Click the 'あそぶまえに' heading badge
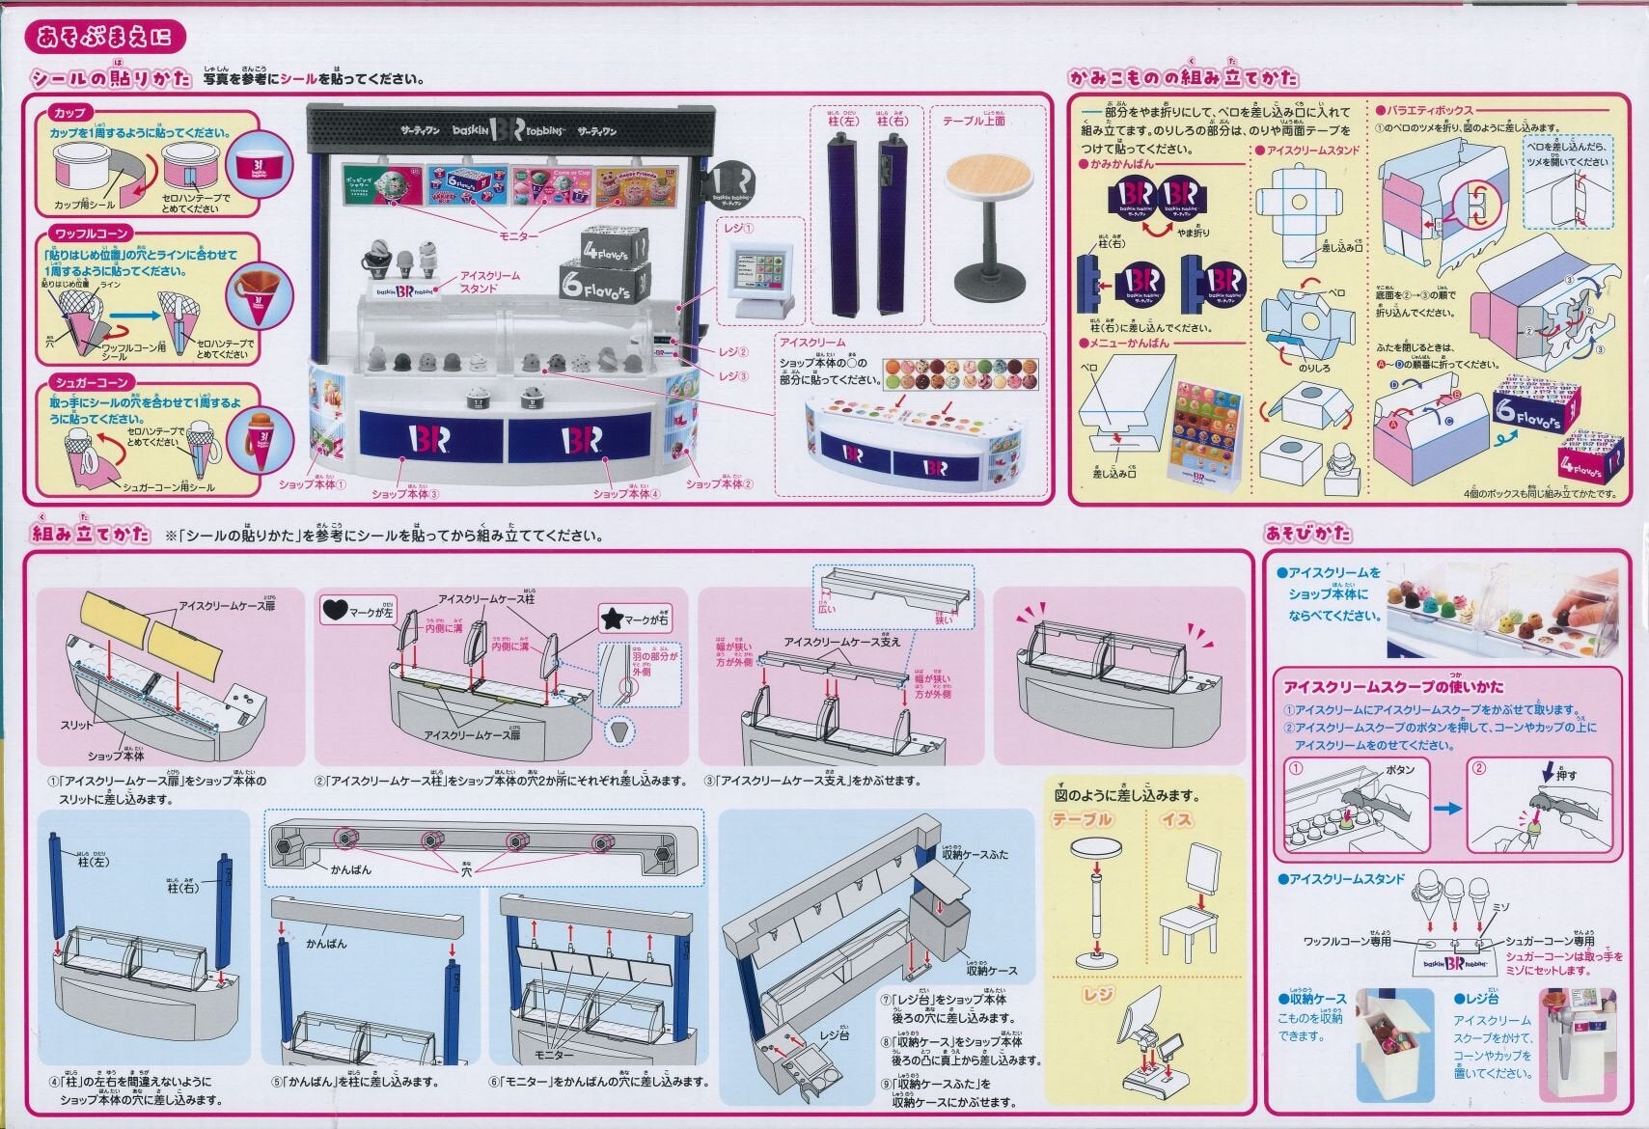coord(104,37)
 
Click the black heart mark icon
coord(334,610)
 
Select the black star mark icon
coord(611,618)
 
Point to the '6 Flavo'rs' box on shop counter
coord(604,280)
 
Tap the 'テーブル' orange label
coord(1082,819)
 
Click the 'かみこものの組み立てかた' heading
coord(1183,77)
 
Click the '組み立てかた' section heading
coord(92,533)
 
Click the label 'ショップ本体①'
coord(312,483)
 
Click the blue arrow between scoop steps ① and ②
coord(1446,809)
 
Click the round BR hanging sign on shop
coord(732,186)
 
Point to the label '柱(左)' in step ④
coord(94,861)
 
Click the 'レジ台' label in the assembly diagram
coord(833,1034)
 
